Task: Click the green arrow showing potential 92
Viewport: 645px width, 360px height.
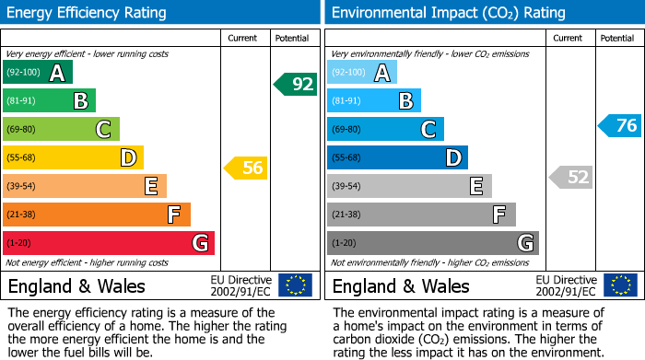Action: (x=295, y=85)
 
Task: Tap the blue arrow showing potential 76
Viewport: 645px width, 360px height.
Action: (x=619, y=125)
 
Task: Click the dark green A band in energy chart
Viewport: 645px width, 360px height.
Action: (x=38, y=73)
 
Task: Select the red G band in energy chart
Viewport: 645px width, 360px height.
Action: (x=109, y=243)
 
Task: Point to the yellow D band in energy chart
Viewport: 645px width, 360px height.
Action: (x=73, y=157)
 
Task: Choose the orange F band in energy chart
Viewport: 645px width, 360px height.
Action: (x=97, y=215)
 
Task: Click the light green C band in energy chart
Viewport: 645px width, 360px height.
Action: (x=62, y=129)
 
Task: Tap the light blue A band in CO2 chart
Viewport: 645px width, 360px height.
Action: (x=362, y=73)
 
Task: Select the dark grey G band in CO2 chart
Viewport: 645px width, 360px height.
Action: (x=432, y=243)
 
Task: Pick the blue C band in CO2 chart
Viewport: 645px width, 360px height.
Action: (x=385, y=129)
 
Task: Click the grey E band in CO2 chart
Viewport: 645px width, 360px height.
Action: (x=409, y=186)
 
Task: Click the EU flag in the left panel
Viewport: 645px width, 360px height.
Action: (x=295, y=285)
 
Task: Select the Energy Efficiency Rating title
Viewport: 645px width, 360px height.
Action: (x=87, y=13)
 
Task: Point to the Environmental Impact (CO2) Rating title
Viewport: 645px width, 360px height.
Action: (x=448, y=13)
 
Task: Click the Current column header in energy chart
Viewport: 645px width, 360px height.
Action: (x=243, y=38)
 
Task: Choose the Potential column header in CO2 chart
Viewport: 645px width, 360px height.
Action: (x=617, y=38)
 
